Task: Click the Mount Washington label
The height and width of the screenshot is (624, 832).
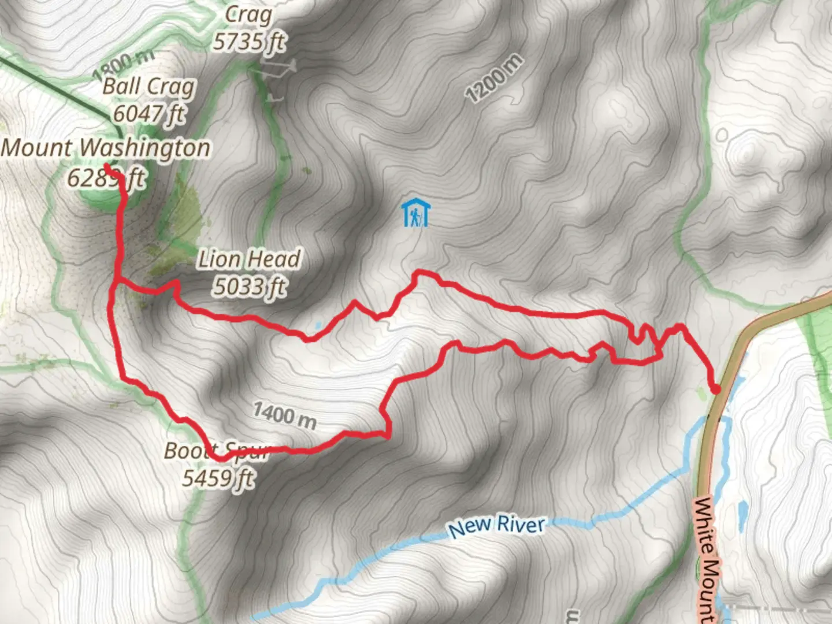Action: pos(106,148)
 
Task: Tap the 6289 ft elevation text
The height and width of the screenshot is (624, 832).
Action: pos(105,179)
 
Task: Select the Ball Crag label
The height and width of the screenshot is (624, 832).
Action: pos(148,87)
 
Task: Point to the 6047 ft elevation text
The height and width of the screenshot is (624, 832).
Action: pos(148,113)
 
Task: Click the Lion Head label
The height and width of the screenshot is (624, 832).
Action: pos(249,259)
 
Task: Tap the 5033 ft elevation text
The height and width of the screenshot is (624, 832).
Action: pos(249,286)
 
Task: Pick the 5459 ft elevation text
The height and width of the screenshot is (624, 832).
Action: pos(218,478)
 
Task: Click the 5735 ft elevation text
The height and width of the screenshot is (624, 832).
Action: pos(249,42)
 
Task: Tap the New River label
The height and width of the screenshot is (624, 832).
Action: pos(496,526)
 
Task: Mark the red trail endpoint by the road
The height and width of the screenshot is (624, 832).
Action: pos(715,390)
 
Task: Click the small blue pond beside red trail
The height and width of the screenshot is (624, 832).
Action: pos(317,326)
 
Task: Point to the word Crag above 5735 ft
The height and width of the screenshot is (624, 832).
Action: pos(248,14)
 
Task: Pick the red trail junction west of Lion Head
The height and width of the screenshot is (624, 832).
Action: pos(117,281)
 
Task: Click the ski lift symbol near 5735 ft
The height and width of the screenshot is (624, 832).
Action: pos(274,69)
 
